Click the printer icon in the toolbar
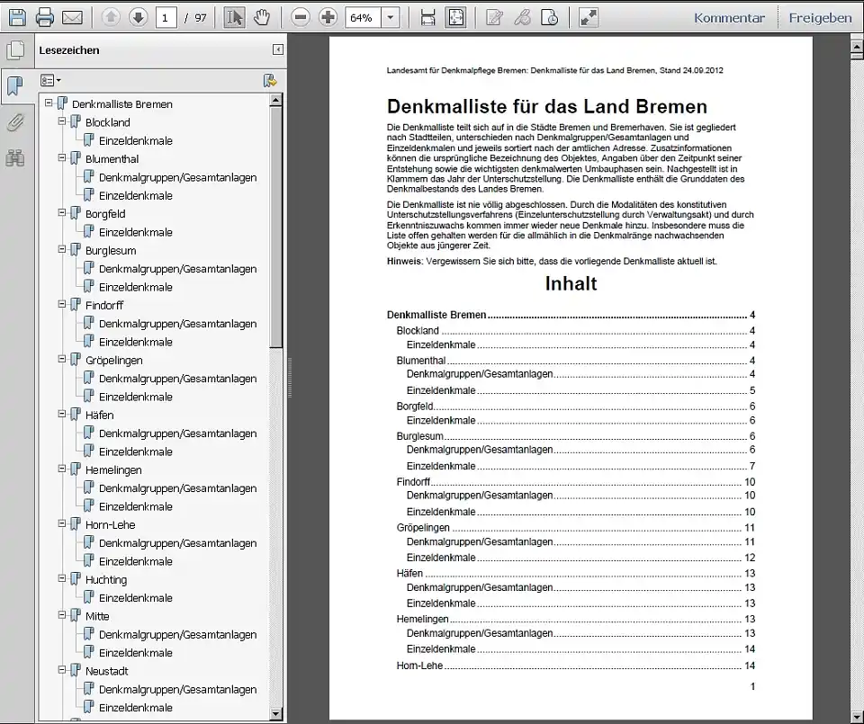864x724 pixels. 45,17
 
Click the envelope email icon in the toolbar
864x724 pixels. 72,17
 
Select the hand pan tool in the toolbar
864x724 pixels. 261,17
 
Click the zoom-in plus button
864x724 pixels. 328,17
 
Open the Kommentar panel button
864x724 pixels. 729,17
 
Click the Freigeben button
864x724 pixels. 820,17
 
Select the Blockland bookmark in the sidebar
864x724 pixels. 107,122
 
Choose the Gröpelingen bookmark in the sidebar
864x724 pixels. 113,361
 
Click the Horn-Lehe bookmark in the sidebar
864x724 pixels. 110,525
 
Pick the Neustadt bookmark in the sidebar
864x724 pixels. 107,671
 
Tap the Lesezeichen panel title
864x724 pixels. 69,50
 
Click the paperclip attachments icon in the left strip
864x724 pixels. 15,122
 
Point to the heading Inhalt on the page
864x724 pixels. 571,283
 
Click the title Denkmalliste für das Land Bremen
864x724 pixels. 546,107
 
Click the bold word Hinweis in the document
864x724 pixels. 403,261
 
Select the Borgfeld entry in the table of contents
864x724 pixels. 415,407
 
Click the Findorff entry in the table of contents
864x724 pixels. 414,482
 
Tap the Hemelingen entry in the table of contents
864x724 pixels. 422,619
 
